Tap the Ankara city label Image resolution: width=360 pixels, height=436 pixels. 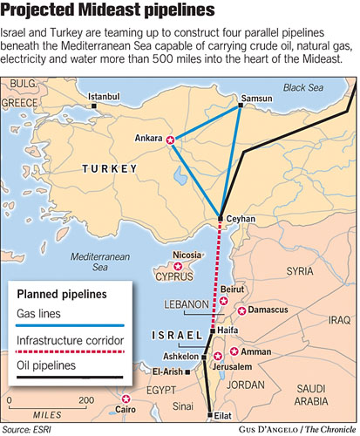(x=149, y=138)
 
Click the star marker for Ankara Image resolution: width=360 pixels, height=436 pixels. (x=171, y=140)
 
